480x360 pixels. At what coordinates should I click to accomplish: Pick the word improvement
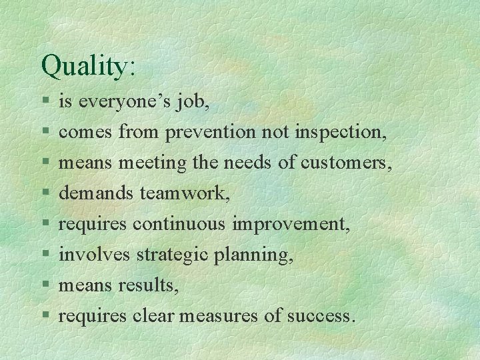tap(291, 224)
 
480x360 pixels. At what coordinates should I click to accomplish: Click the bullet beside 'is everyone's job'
tap(44, 103)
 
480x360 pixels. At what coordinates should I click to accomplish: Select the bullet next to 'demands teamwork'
tap(44, 194)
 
